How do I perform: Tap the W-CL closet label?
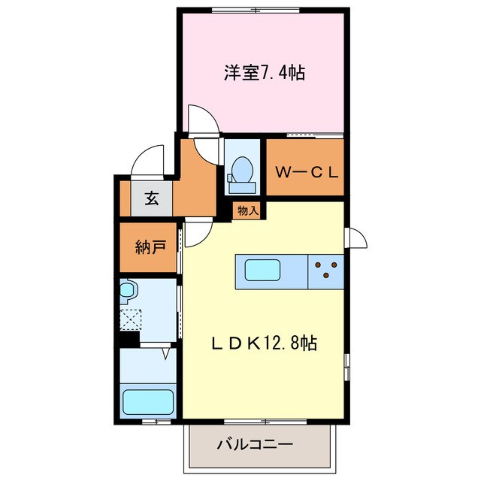[306, 171]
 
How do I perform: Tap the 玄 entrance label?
[151, 199]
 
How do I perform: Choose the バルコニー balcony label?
[256, 444]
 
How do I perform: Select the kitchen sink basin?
[261, 270]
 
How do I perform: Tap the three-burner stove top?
[325, 270]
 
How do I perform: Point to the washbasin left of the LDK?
[127, 291]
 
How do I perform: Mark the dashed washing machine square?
[129, 319]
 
